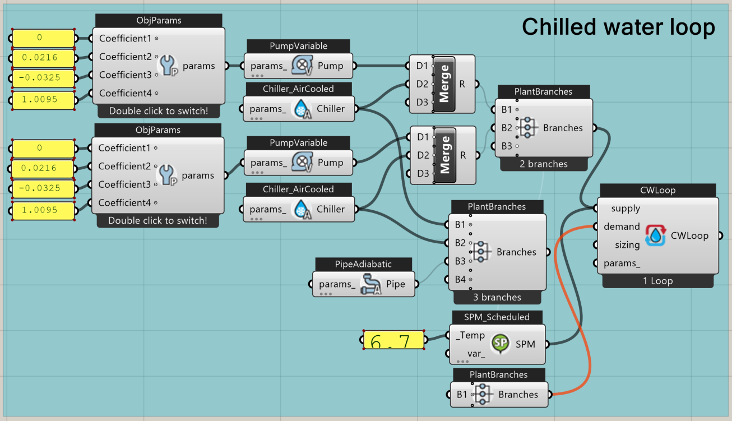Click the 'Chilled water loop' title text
pos(618,27)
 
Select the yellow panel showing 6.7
pos(393,340)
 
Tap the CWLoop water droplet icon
pos(655,235)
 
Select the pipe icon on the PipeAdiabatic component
pos(370,284)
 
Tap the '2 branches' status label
pos(543,164)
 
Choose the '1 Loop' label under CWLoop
pos(658,281)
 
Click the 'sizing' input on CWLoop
pos(627,245)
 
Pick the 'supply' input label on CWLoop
pos(626,209)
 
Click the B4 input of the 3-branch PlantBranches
pos(460,279)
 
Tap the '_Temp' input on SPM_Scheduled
pos(470,335)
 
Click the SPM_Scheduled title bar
pos(497,317)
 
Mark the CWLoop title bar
pos(657,190)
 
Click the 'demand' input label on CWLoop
pos(622,226)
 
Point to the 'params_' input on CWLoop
pos(622,263)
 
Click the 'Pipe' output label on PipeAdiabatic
pos(395,284)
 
